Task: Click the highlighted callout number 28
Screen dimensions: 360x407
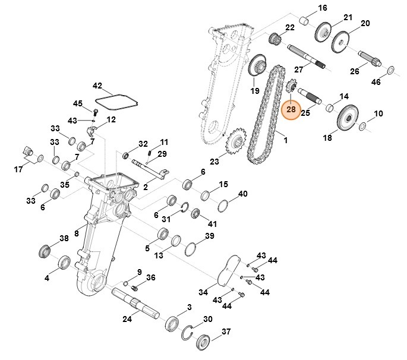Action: [x=291, y=109]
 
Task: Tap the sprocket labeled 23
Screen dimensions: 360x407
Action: [x=236, y=143]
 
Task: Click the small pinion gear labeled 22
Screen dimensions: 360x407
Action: [x=275, y=40]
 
